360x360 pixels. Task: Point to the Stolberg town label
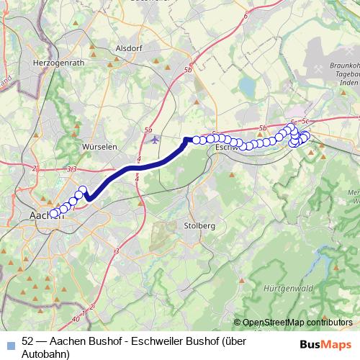pyautogui.click(x=199, y=225)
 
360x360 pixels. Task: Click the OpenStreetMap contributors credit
pyautogui.click(x=297, y=322)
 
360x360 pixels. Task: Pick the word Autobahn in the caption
pyautogui.click(x=46, y=354)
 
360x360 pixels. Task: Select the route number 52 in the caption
pyautogui.click(x=28, y=341)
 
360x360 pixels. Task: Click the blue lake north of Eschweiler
pyautogui.click(x=247, y=87)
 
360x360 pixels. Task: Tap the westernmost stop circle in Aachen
pyautogui.click(x=54, y=213)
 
